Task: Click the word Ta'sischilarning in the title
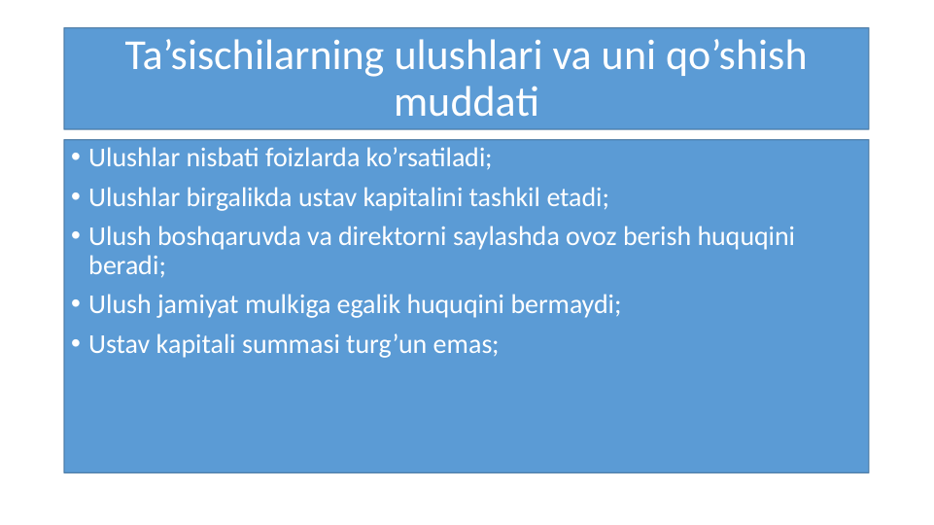[x=255, y=56]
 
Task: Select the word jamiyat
[x=193, y=305]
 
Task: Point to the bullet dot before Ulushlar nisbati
[x=76, y=157]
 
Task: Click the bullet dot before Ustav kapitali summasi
[x=76, y=345]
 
